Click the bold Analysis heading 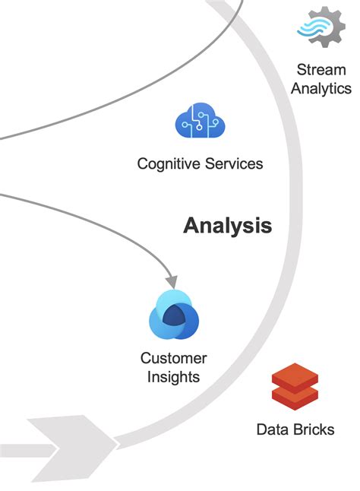tap(227, 226)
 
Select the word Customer tap(174, 358)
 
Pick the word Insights tap(174, 377)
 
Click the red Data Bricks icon tap(295, 387)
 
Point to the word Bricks tap(312, 429)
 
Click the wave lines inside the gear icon tap(317, 28)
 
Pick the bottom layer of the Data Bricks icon tap(295, 398)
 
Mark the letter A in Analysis tap(191, 226)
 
